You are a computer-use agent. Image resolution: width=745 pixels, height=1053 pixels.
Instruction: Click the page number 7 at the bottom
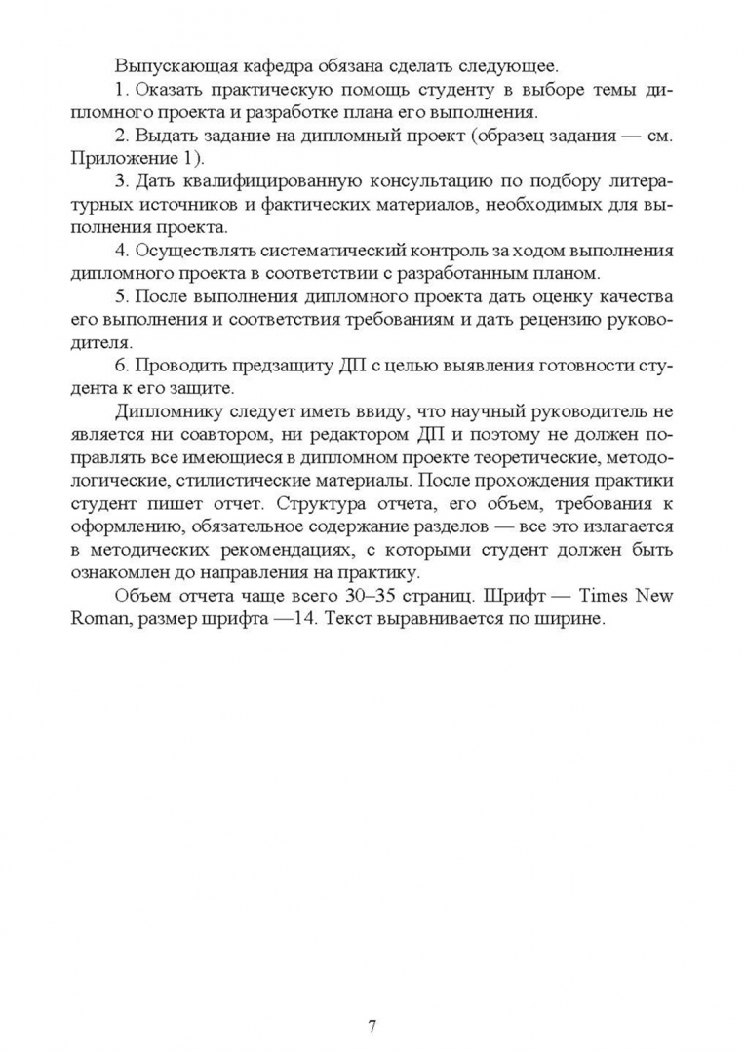click(372, 998)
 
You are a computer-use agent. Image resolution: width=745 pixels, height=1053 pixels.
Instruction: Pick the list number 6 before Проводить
click(120, 366)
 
